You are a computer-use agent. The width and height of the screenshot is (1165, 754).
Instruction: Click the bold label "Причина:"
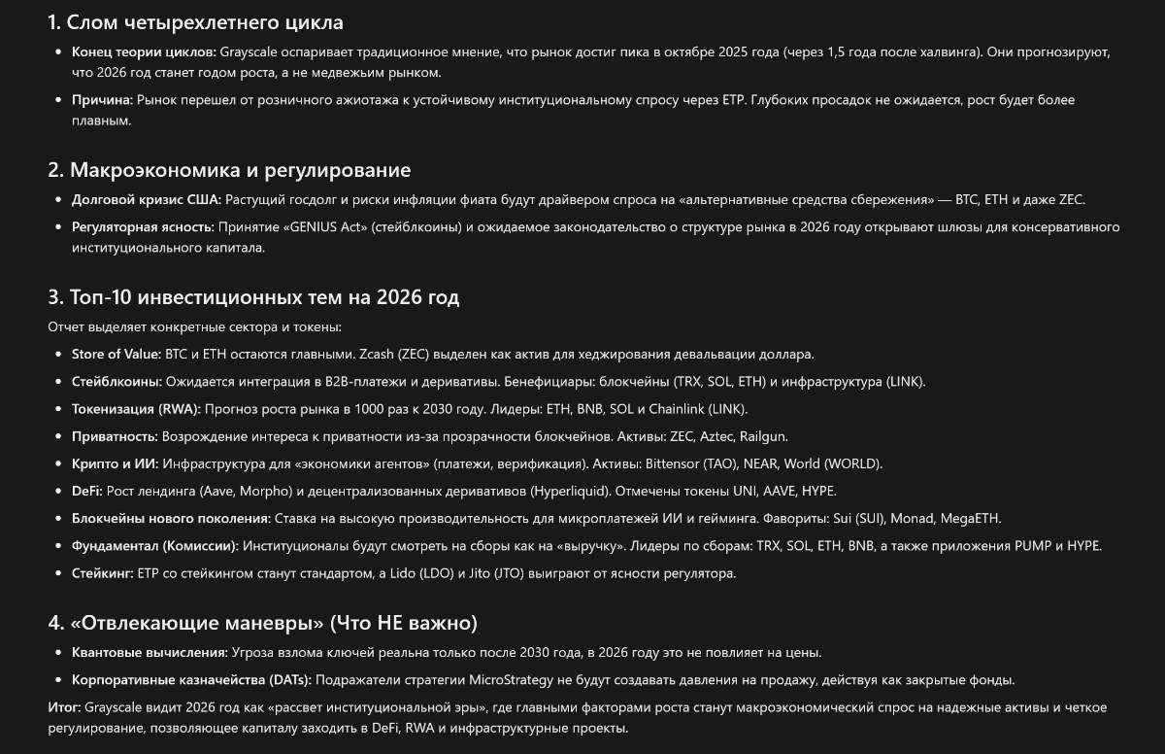(x=101, y=99)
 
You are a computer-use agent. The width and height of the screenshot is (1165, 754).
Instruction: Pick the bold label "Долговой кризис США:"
(x=146, y=199)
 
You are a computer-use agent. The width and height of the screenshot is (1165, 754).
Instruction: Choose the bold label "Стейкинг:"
(x=102, y=573)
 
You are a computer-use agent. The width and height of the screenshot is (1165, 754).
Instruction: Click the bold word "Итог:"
(x=64, y=706)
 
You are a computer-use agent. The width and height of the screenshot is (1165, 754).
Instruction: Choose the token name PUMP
(x=1034, y=545)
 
